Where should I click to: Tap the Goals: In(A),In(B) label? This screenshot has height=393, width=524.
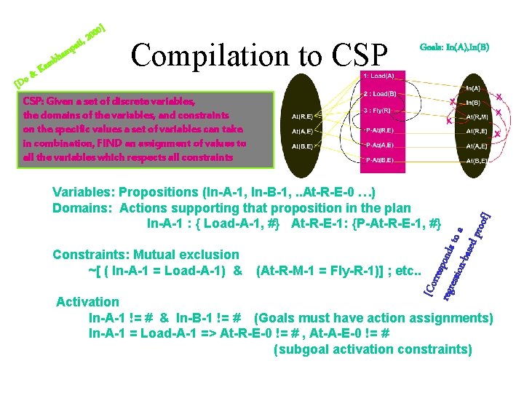coord(455,47)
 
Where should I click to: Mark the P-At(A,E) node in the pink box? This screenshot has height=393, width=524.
coord(381,145)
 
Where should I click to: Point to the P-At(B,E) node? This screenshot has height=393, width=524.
coord(381,159)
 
